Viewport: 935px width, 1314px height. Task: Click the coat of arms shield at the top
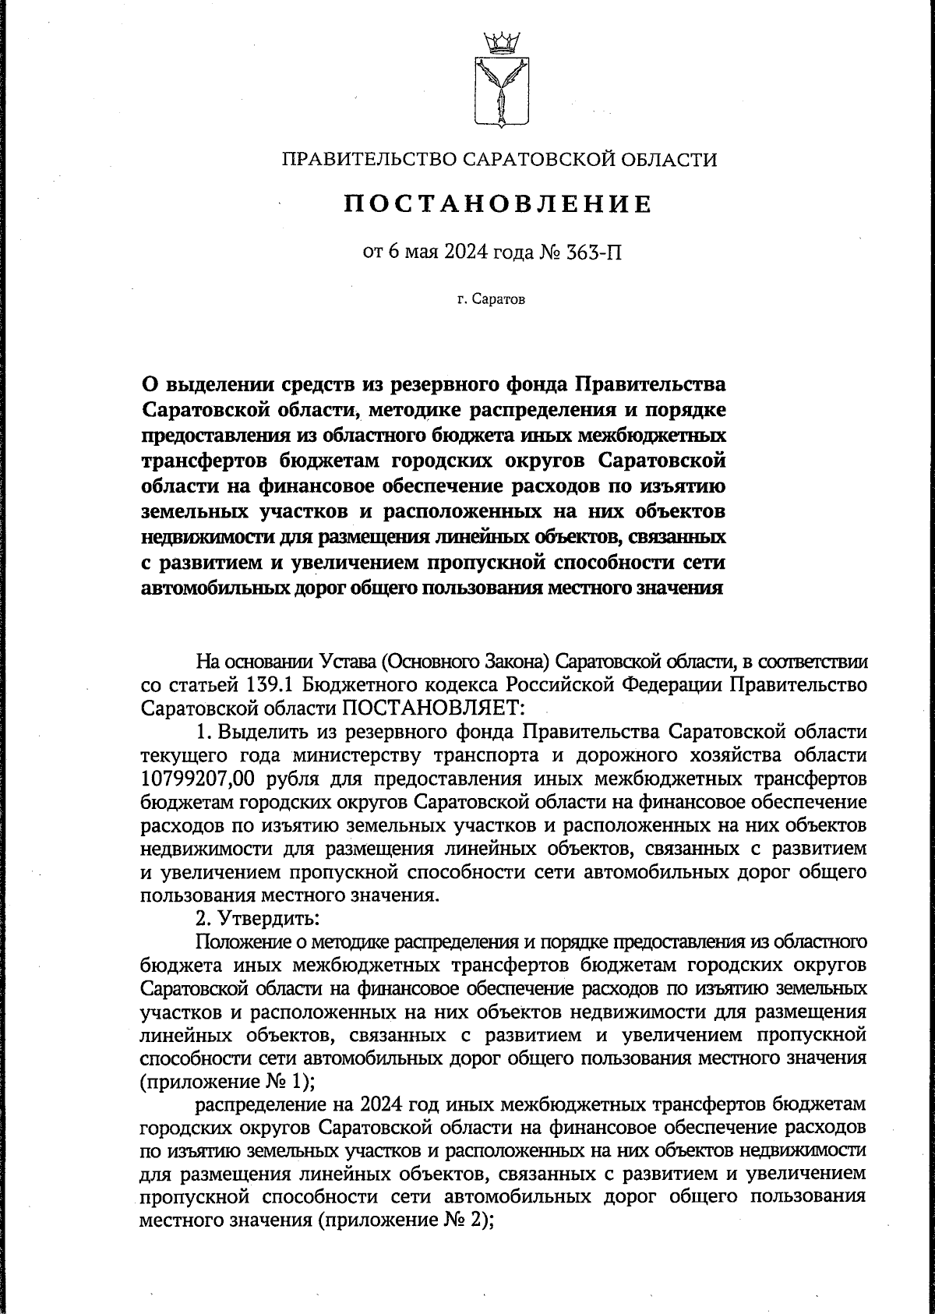[498, 90]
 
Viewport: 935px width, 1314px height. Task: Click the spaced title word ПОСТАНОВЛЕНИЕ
[499, 204]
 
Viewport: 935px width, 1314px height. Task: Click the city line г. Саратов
[492, 299]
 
